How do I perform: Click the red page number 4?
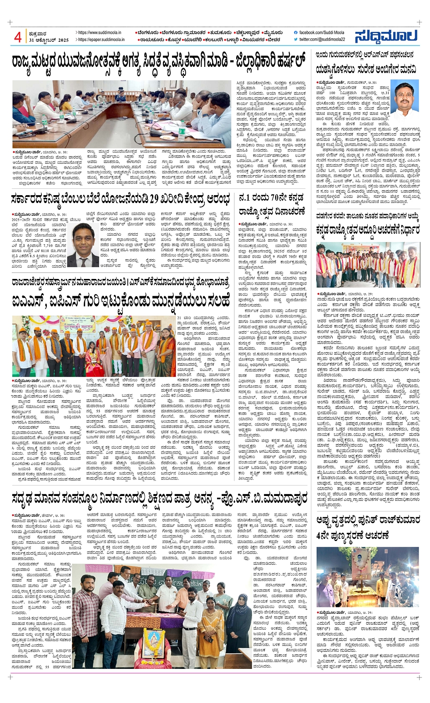[18, 37]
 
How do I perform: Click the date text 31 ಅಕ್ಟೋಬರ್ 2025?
[49, 40]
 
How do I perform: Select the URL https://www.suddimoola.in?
[99, 33]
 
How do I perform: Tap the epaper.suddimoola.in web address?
[101, 40]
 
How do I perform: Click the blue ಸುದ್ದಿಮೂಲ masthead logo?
[386, 36]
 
